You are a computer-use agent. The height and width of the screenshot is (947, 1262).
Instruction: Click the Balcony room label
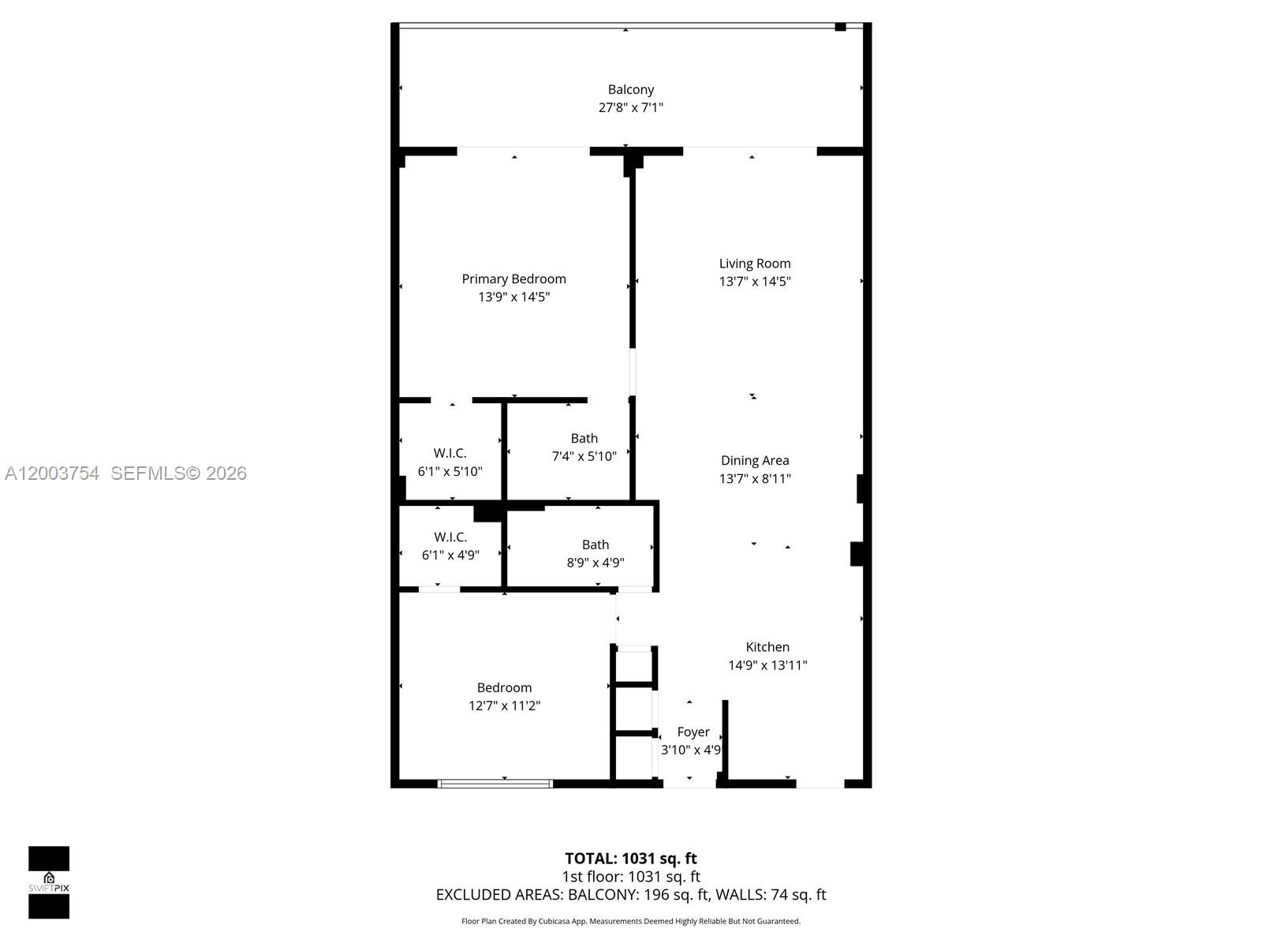pyautogui.click(x=630, y=90)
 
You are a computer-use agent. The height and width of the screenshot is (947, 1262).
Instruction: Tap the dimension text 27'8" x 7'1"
pyautogui.click(x=630, y=107)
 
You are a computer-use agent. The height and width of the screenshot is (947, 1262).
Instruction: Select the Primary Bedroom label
pyautogui.click(x=513, y=279)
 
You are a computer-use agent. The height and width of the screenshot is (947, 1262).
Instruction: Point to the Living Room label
pyautogui.click(x=754, y=264)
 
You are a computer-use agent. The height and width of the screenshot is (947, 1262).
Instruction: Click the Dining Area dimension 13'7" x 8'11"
pyautogui.click(x=754, y=478)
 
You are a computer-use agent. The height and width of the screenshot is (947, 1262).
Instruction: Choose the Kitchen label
pyautogui.click(x=767, y=647)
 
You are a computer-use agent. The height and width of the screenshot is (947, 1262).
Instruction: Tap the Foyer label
pyautogui.click(x=693, y=732)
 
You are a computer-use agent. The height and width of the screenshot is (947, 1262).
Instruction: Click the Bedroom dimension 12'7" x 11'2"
pyautogui.click(x=504, y=706)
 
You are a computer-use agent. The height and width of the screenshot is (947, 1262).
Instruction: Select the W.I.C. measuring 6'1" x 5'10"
pyautogui.click(x=450, y=453)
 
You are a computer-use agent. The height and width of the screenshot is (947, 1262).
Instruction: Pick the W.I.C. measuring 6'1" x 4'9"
pyautogui.click(x=450, y=537)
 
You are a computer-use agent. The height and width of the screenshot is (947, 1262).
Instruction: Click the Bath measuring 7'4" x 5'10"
pyautogui.click(x=584, y=439)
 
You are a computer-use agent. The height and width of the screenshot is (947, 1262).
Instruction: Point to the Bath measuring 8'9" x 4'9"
pyautogui.click(x=595, y=545)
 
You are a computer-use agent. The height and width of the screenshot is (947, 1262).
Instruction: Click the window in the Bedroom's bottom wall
pyautogui.click(x=495, y=784)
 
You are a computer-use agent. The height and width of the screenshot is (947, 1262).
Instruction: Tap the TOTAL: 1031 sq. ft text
pyautogui.click(x=630, y=859)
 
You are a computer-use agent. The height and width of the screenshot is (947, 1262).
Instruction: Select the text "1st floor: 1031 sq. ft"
pyautogui.click(x=630, y=877)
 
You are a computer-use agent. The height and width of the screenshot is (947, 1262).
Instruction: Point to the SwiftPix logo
pyautogui.click(x=49, y=882)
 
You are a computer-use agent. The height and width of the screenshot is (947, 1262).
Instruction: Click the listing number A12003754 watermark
pyautogui.click(x=52, y=473)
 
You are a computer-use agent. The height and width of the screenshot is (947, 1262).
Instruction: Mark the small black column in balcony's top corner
pyautogui.click(x=840, y=27)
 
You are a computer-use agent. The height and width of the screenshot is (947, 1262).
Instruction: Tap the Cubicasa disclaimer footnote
pyautogui.click(x=630, y=921)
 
